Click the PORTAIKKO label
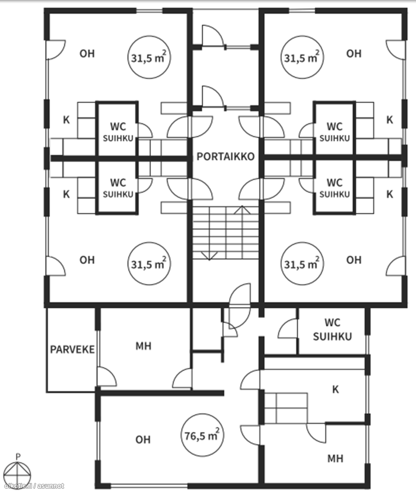pos(225,156)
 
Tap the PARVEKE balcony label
pos(72,349)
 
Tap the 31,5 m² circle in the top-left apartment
pos(149,58)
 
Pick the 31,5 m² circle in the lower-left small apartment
pos(149,264)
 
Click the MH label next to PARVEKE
pos(144,346)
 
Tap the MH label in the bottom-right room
pos(335,459)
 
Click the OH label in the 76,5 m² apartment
pos(143,439)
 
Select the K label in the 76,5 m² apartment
pos(335,390)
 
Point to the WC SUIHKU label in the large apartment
pos(333,329)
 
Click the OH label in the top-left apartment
pos(87,54)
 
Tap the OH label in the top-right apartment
pos(354,54)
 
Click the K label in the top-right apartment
pos(390,120)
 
